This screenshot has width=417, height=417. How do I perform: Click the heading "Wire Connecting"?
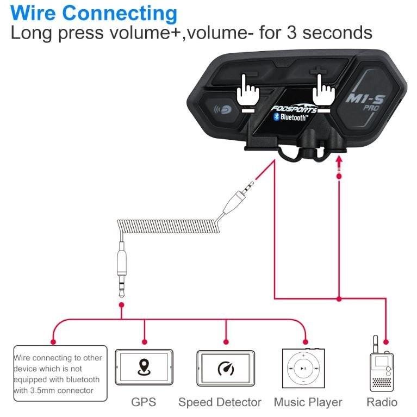94,13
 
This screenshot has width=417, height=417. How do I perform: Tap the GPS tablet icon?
144,368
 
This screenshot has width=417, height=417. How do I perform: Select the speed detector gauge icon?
226,368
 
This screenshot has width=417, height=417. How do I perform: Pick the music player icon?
303,368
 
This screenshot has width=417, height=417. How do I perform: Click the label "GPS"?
144,402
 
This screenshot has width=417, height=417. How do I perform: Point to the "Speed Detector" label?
220,402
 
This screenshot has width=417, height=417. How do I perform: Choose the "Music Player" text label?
308,403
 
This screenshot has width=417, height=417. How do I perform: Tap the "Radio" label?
382,402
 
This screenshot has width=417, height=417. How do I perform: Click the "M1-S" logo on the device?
365,98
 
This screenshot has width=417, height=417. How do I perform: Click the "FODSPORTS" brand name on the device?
294,108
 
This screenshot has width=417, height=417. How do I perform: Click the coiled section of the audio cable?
169,226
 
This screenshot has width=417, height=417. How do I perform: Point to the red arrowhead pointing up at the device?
339,159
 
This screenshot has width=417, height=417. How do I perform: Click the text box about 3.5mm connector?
60,374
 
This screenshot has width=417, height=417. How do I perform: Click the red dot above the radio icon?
386,342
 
